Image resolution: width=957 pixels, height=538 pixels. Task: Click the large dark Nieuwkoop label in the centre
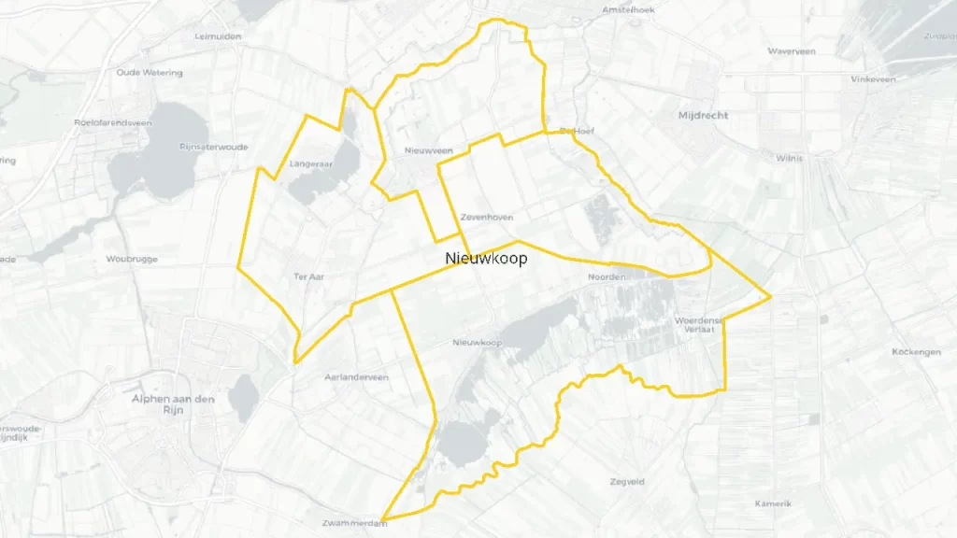(486, 258)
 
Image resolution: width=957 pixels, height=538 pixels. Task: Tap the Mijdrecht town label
(704, 116)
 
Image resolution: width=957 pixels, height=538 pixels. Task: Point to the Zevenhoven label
(486, 217)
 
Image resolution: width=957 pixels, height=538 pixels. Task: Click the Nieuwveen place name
(429, 150)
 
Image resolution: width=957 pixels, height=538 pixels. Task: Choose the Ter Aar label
(307, 276)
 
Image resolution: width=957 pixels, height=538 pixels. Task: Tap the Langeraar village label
(311, 163)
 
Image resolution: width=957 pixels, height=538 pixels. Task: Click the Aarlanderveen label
(355, 377)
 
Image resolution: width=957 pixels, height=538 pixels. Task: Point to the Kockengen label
(916, 352)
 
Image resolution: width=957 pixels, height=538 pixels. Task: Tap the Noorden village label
(606, 277)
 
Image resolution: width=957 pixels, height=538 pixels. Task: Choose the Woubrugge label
(132, 259)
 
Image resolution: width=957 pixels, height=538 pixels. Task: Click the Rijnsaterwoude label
(215, 147)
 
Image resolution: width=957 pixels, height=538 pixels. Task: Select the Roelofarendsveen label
(113, 122)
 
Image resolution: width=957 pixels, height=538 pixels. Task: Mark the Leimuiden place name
(219, 37)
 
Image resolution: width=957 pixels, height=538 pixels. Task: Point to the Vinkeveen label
(873, 79)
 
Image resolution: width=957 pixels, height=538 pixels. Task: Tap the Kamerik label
(773, 503)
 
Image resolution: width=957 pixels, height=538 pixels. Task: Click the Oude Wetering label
(150, 73)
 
